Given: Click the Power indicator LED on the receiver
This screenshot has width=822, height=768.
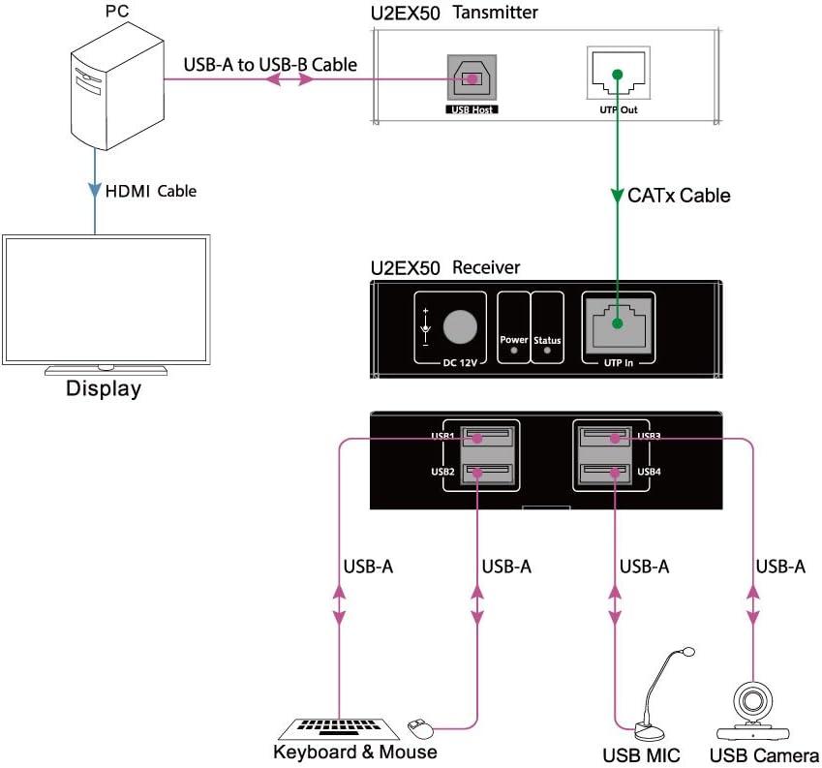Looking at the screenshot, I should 513,352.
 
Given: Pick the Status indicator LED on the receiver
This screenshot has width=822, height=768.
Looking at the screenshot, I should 547,352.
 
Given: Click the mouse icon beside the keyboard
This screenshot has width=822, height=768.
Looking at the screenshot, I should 418,724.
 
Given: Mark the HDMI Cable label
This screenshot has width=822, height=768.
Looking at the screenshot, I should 150,191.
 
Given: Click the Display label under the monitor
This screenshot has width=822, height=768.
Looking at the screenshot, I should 104,390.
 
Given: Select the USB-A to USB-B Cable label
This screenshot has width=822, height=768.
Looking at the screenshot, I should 270,65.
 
